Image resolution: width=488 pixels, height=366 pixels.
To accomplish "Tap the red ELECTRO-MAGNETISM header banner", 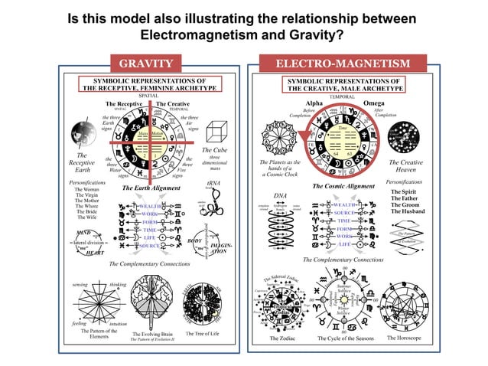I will tap(342, 63).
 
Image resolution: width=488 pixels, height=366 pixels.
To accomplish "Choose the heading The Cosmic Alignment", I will tap(343, 186).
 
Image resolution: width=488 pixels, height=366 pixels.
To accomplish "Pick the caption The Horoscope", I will tap(407, 337).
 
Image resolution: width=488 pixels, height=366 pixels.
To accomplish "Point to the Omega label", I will tap(375, 103).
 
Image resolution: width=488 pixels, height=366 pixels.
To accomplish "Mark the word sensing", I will tap(80, 284).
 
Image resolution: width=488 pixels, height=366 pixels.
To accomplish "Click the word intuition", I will tap(119, 324).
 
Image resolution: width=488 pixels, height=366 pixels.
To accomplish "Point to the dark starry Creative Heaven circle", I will tap(405, 136).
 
